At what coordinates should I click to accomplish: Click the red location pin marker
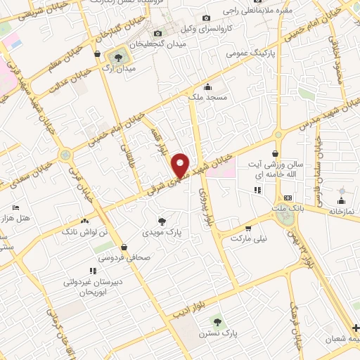(x=181, y=165)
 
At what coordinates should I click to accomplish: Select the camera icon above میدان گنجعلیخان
(x=157, y=34)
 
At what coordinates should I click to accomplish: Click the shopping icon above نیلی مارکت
(x=247, y=228)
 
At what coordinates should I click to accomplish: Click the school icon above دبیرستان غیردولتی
(x=92, y=270)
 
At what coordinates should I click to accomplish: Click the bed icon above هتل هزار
(x=15, y=208)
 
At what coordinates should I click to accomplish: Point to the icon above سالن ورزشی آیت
(x=274, y=153)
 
